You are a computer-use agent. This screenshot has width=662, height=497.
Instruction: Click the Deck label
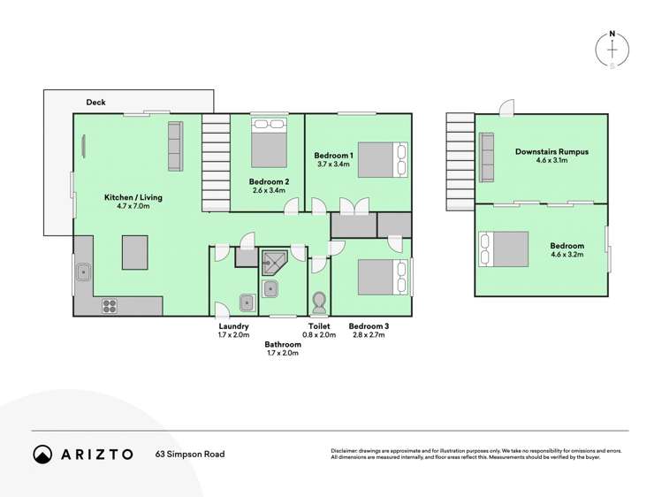(x=95, y=103)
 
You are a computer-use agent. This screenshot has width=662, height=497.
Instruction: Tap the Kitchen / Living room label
(x=133, y=196)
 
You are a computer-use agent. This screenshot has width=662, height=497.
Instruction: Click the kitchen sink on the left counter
(x=84, y=272)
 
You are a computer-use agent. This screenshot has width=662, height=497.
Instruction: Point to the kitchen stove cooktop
(x=110, y=306)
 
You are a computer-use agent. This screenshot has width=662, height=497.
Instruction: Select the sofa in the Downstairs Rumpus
(x=486, y=157)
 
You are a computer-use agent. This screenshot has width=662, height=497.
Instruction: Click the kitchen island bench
(x=134, y=251)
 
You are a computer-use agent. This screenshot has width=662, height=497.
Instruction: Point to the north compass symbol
(x=613, y=49)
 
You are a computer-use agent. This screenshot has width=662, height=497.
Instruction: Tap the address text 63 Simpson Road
(x=190, y=455)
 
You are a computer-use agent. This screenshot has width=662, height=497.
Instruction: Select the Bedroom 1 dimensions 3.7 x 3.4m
(x=335, y=164)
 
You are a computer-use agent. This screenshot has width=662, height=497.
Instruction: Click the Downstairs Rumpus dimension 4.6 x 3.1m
(x=552, y=161)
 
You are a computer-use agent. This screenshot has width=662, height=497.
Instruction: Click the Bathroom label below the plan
(x=283, y=344)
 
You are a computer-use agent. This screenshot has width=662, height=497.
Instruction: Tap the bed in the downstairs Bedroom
(x=504, y=248)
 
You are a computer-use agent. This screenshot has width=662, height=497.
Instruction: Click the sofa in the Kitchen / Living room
(x=174, y=147)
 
